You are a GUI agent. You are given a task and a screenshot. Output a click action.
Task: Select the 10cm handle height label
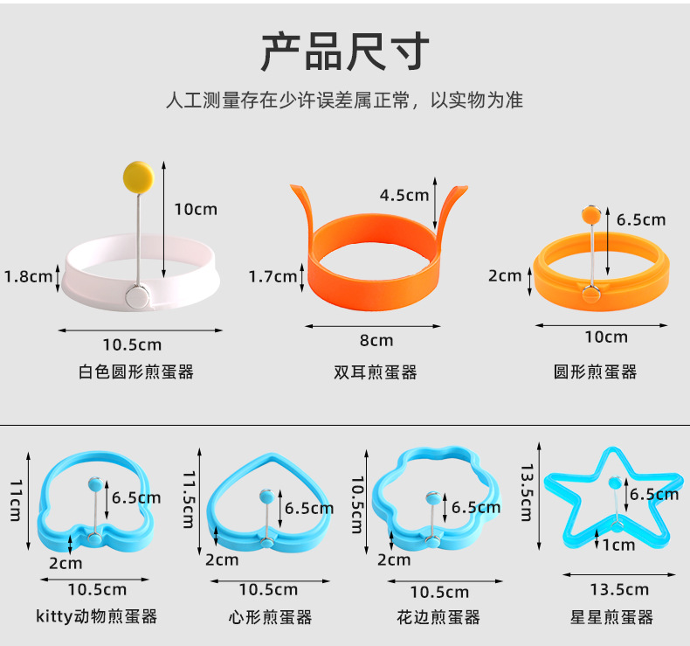tap(195, 209)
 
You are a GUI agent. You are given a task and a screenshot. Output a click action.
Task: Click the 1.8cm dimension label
tap(29, 276)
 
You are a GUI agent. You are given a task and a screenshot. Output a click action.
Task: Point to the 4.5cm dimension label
tap(404, 195)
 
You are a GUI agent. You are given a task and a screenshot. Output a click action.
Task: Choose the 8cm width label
tap(376, 340)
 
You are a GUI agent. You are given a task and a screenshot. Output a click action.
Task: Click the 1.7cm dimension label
tap(273, 277)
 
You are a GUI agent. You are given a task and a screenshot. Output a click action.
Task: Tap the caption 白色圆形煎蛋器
tap(135, 372)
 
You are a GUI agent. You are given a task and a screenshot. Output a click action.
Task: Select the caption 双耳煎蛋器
tap(376, 372)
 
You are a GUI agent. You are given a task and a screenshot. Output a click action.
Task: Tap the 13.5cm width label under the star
tap(618, 590)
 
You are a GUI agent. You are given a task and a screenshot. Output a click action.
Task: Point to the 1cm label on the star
tap(618, 545)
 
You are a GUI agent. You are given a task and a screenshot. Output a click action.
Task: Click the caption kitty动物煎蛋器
tap(97, 616)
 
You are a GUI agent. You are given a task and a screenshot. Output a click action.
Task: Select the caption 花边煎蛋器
tap(438, 617)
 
